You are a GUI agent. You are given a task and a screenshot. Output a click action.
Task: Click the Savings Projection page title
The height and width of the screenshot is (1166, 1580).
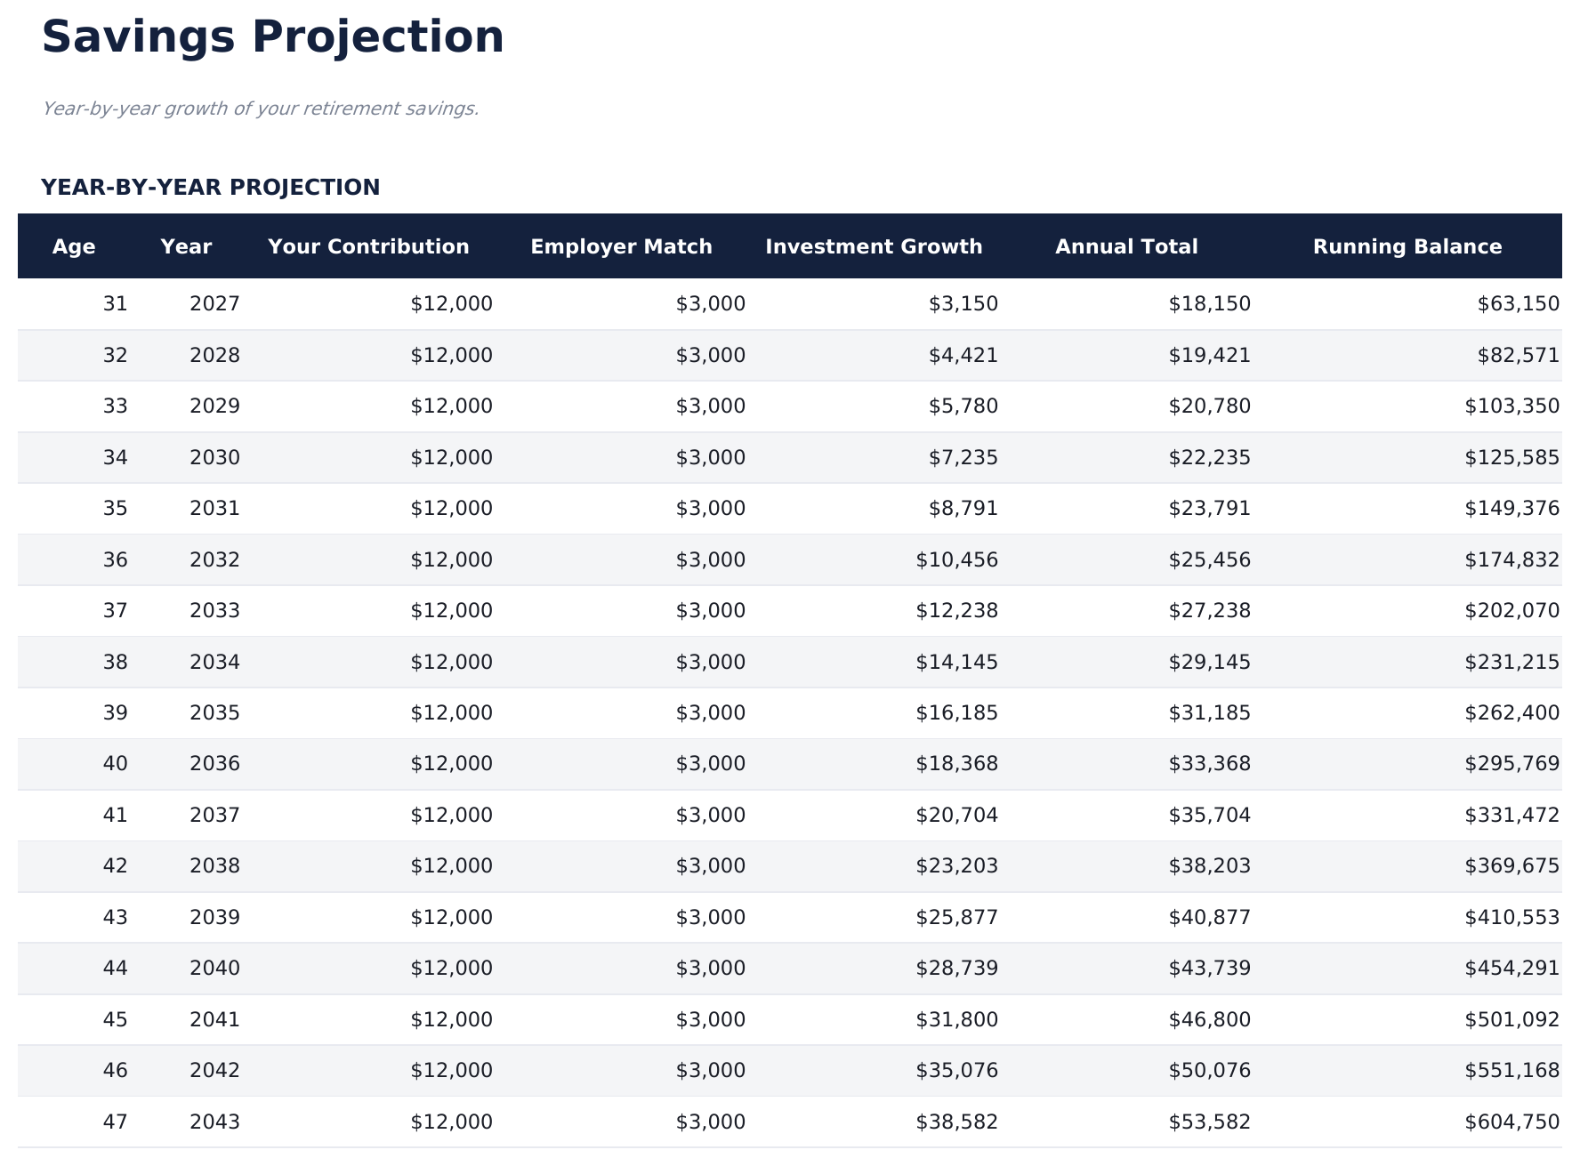pos(272,38)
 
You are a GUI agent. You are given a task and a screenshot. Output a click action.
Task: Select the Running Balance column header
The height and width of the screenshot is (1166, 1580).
pos(1407,246)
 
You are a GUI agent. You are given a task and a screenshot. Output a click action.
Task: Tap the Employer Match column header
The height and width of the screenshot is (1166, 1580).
pos(621,246)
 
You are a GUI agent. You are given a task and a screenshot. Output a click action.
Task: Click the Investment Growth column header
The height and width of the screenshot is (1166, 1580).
pos(874,246)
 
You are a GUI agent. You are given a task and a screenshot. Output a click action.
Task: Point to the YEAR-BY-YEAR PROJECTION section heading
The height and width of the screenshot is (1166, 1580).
pos(210,188)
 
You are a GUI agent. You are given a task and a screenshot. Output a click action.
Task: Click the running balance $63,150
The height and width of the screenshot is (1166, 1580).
pos(1518,304)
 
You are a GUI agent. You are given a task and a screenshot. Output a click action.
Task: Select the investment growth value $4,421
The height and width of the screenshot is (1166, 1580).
pos(963,356)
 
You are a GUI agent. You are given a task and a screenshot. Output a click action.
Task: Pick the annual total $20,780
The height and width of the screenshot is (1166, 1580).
pos(1209,406)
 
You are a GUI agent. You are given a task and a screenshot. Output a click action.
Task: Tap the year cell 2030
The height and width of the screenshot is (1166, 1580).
pos(214,458)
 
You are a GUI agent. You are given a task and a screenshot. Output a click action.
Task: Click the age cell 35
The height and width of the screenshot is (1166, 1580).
pos(115,509)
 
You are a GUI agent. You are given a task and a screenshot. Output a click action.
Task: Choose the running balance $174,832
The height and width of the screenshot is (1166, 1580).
pos(1511,560)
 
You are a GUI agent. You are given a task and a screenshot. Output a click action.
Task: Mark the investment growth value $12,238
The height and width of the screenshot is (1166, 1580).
pos(956,611)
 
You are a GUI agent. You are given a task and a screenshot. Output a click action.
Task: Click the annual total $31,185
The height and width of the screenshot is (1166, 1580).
pos(1209,713)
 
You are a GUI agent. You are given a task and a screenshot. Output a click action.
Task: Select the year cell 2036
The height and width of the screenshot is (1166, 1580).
pos(214,764)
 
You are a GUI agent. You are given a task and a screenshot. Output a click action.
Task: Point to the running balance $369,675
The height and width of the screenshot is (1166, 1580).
pos(1511,866)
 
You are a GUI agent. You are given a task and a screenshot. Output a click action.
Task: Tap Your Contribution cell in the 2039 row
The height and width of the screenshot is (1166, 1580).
pos(451,918)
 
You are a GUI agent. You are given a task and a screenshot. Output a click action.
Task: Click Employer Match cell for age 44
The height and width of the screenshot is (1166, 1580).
pos(710,969)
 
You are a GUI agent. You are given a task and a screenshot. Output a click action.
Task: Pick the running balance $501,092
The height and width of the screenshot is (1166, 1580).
pos(1511,1020)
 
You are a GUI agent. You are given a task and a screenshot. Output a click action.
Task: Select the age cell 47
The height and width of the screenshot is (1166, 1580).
pos(115,1122)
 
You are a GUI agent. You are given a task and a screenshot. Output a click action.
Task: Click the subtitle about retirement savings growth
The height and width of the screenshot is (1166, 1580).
pos(260,109)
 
